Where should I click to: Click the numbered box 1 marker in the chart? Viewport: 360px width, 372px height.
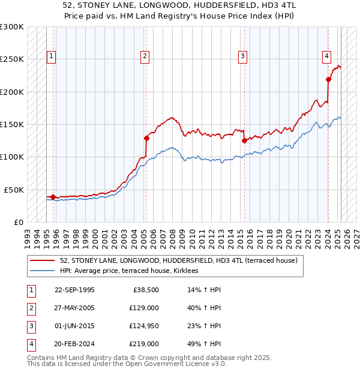(52, 57)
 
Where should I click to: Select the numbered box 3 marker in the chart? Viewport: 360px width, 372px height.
(242, 57)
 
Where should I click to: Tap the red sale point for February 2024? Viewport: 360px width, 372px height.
(329, 79)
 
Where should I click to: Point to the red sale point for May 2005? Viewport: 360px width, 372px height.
(146, 138)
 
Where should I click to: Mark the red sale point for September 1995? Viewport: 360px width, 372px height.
(53, 197)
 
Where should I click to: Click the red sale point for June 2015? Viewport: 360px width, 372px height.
(244, 141)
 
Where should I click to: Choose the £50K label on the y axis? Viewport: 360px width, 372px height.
(14, 190)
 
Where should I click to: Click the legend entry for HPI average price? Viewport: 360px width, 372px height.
(133, 271)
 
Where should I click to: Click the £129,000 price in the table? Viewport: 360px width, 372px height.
(144, 308)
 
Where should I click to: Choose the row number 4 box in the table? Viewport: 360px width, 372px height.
(31, 344)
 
